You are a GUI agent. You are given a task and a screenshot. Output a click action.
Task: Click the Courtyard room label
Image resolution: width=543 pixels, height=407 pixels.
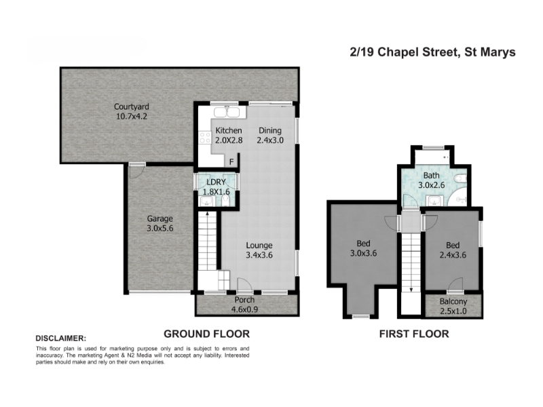point(132,107)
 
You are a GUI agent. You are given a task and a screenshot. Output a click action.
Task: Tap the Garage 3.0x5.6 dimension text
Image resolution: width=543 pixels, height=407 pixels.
point(160,229)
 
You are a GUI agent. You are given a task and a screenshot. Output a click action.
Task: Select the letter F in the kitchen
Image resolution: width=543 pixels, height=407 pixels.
point(231,161)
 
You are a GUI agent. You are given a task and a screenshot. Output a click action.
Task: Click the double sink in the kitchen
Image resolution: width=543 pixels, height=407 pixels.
point(227,113)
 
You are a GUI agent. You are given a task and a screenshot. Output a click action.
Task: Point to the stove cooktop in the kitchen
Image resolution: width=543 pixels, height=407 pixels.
point(205,138)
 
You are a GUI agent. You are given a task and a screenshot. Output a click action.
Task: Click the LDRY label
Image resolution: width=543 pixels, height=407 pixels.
point(216,182)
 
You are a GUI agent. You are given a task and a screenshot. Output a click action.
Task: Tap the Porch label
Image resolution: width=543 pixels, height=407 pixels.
point(244,300)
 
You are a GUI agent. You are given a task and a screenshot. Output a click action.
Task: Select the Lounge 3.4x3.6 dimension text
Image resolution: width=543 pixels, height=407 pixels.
point(259,255)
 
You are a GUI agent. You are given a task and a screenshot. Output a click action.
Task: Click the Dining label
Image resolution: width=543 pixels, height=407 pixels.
point(270,130)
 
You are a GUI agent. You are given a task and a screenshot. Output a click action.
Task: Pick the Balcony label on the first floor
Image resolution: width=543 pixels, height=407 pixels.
point(453,301)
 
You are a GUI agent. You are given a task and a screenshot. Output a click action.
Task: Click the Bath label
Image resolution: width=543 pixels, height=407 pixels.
point(432,176)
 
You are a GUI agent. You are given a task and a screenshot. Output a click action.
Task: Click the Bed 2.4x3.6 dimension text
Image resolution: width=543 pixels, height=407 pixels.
point(453,255)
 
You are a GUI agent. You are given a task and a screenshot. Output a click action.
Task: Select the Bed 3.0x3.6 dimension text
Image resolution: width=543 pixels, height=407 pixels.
point(363,253)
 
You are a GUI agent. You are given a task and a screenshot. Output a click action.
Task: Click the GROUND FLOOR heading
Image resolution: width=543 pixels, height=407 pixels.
point(207,334)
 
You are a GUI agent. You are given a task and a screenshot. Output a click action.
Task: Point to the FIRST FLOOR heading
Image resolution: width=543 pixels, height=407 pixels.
point(414,334)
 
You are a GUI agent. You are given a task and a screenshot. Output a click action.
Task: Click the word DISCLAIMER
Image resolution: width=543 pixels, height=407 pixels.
point(60,338)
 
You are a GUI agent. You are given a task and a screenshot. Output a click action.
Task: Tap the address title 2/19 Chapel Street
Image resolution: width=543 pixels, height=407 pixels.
point(403,52)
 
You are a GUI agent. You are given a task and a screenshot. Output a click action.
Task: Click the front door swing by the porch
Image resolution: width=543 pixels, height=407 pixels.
point(244,284)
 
